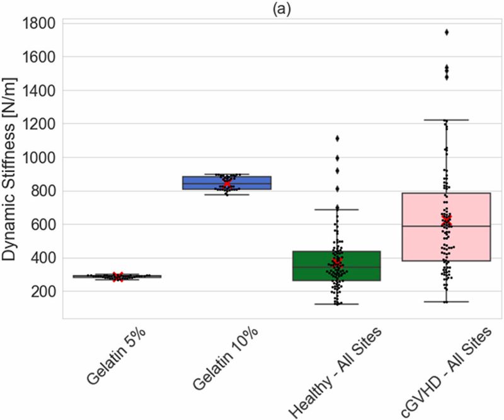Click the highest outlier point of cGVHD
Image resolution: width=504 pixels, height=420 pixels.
(x=446, y=32)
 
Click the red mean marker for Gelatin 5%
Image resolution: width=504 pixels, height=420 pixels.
(x=117, y=276)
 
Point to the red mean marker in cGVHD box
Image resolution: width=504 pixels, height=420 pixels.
(x=446, y=220)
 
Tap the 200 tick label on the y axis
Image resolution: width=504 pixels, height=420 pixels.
(x=44, y=291)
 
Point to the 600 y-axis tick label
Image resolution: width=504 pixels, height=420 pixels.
(x=44, y=225)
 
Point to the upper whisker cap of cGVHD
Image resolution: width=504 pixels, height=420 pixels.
(x=446, y=120)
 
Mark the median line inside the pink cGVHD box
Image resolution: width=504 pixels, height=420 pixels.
(x=446, y=226)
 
